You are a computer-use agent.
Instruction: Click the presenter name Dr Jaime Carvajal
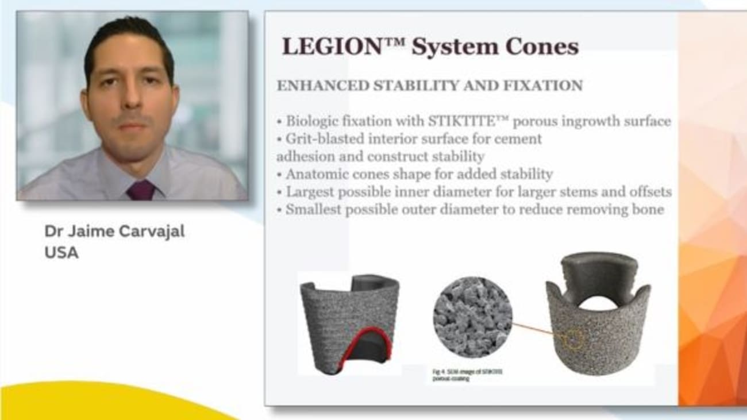(115, 232)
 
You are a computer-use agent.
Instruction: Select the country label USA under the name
(61, 253)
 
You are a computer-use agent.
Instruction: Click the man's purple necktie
(141, 190)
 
